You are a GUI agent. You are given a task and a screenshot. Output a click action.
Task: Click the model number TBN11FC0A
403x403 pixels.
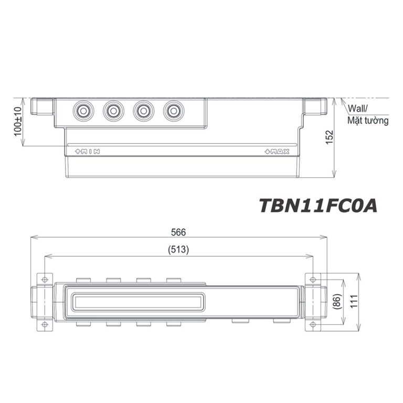point(318,205)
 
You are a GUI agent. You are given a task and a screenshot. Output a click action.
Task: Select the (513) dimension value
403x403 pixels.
point(179,250)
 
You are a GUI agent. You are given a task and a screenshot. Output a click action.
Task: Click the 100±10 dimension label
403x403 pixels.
point(17,122)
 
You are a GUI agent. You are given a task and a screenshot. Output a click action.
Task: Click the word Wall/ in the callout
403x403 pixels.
point(358,109)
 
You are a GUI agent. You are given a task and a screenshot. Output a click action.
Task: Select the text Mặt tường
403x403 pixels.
point(368,121)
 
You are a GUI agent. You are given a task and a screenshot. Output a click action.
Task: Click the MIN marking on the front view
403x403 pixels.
point(88,152)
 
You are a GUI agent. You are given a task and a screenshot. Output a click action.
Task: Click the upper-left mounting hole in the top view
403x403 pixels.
point(45,279)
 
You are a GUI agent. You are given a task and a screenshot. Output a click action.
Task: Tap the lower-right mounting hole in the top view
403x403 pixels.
point(314,325)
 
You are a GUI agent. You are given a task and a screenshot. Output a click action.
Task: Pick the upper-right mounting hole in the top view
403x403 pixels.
point(314,279)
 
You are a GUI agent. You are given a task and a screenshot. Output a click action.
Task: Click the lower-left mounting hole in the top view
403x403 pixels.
point(45,325)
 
